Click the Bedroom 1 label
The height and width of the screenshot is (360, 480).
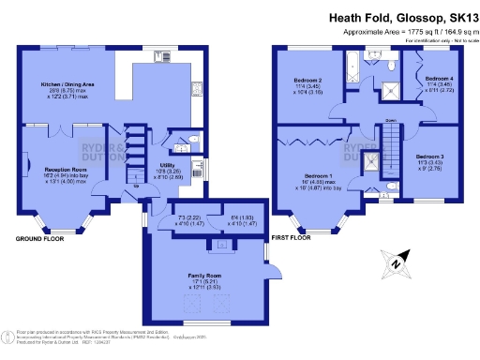(318, 177)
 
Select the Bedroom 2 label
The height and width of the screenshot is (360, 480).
(307, 82)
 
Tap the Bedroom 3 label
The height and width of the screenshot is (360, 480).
(429, 156)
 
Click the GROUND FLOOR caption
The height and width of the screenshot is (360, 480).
(40, 239)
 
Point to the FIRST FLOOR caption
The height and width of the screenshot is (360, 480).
(286, 239)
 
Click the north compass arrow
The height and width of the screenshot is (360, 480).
(397, 263)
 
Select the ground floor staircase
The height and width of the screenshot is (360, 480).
(133, 155)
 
